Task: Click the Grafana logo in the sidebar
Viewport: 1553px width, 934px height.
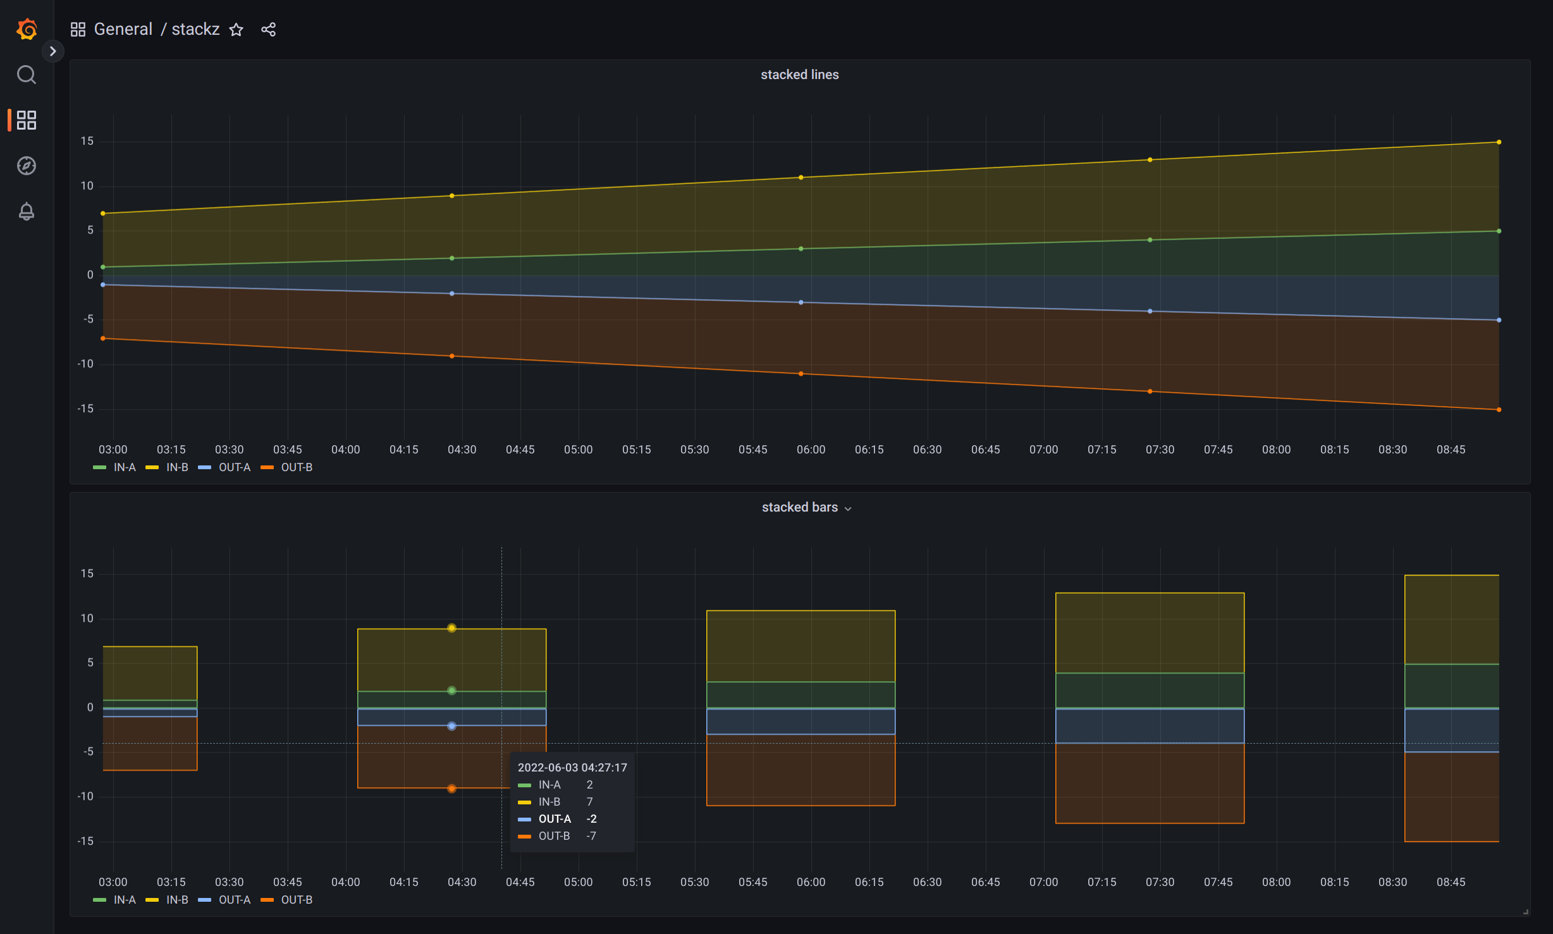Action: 27,29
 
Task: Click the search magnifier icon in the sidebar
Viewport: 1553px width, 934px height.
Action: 27,75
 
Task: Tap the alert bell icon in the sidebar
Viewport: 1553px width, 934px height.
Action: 27,211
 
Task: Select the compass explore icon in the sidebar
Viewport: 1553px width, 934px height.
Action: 27,166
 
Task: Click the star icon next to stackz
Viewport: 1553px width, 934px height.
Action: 236,30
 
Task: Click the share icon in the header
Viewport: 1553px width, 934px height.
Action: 268,30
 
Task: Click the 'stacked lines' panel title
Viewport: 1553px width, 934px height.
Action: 799,75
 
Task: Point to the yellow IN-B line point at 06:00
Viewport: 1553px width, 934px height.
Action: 801,178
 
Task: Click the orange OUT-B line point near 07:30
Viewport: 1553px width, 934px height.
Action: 1150,391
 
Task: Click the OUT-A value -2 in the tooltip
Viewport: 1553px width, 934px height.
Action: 591,819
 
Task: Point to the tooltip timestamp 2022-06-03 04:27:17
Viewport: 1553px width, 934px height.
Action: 572,768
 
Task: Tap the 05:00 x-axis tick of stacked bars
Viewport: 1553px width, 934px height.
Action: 578,882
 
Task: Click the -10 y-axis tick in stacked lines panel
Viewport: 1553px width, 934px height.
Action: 86,364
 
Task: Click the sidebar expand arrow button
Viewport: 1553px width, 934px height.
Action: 53,51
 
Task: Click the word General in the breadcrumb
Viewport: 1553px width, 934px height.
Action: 123,30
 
